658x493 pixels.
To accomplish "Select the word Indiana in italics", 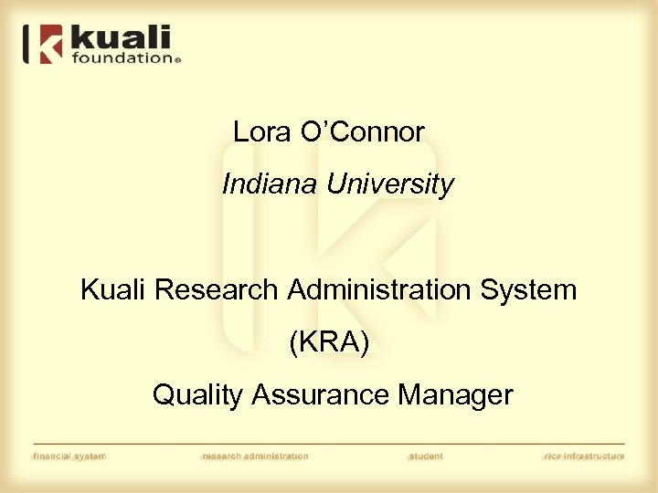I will click(270, 185).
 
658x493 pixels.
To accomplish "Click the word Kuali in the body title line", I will click(114, 290).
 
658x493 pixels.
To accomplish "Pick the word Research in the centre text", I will click(216, 290).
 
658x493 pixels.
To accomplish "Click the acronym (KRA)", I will click(329, 343).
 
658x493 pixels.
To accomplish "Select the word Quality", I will click(197, 395).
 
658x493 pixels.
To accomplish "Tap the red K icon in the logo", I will click(48, 44).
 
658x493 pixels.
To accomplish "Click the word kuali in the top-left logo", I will click(121, 38).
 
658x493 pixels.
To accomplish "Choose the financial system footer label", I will click(69, 456).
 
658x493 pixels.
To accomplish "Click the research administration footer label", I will click(255, 456).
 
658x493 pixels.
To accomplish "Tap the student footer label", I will click(425, 456).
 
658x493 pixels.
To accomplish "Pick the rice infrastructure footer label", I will click(583, 456).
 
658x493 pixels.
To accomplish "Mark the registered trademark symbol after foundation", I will click(178, 60).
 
